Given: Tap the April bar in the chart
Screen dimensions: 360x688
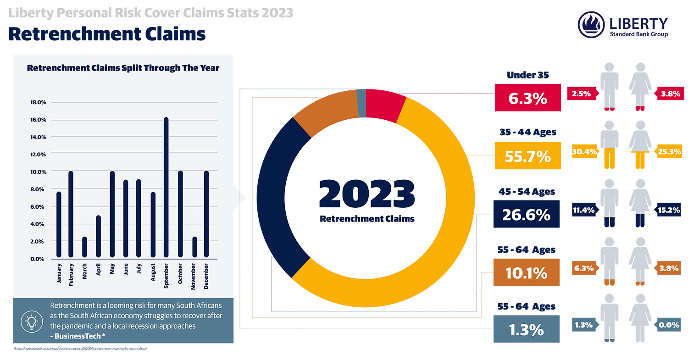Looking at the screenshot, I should [98, 236].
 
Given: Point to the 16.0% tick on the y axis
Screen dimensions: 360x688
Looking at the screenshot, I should [38, 120].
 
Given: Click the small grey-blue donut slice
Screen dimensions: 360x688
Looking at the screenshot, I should [361, 97].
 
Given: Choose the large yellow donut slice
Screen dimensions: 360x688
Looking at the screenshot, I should [440, 206].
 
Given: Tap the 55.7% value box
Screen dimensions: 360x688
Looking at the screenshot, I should [527, 156].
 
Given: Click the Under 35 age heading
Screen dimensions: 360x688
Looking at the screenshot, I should [527, 75].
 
